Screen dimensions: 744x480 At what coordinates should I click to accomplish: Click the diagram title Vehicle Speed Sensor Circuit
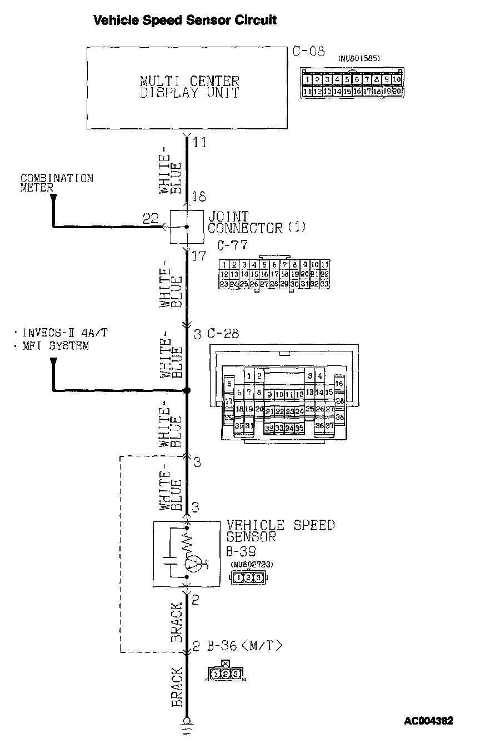coord(184,21)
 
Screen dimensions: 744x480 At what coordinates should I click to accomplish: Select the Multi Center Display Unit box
coord(189,87)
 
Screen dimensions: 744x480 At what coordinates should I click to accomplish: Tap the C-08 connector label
coord(308,52)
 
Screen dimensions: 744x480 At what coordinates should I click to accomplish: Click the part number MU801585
coord(359,58)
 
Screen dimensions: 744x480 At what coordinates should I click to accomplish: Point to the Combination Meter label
coord(57,183)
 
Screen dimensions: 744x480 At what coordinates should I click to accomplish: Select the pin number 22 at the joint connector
coord(151,218)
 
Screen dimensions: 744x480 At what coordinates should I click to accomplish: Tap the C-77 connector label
coord(232,244)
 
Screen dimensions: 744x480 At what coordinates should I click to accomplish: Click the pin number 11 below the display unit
coord(199,143)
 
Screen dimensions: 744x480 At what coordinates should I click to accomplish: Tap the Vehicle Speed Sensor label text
coord(280,531)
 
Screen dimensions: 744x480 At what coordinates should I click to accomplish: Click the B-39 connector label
coord(242,552)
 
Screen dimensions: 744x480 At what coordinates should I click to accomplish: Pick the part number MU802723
coord(252,565)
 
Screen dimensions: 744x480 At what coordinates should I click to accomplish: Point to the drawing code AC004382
coord(428,721)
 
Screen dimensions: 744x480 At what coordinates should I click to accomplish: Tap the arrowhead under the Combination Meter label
coord(53,198)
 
